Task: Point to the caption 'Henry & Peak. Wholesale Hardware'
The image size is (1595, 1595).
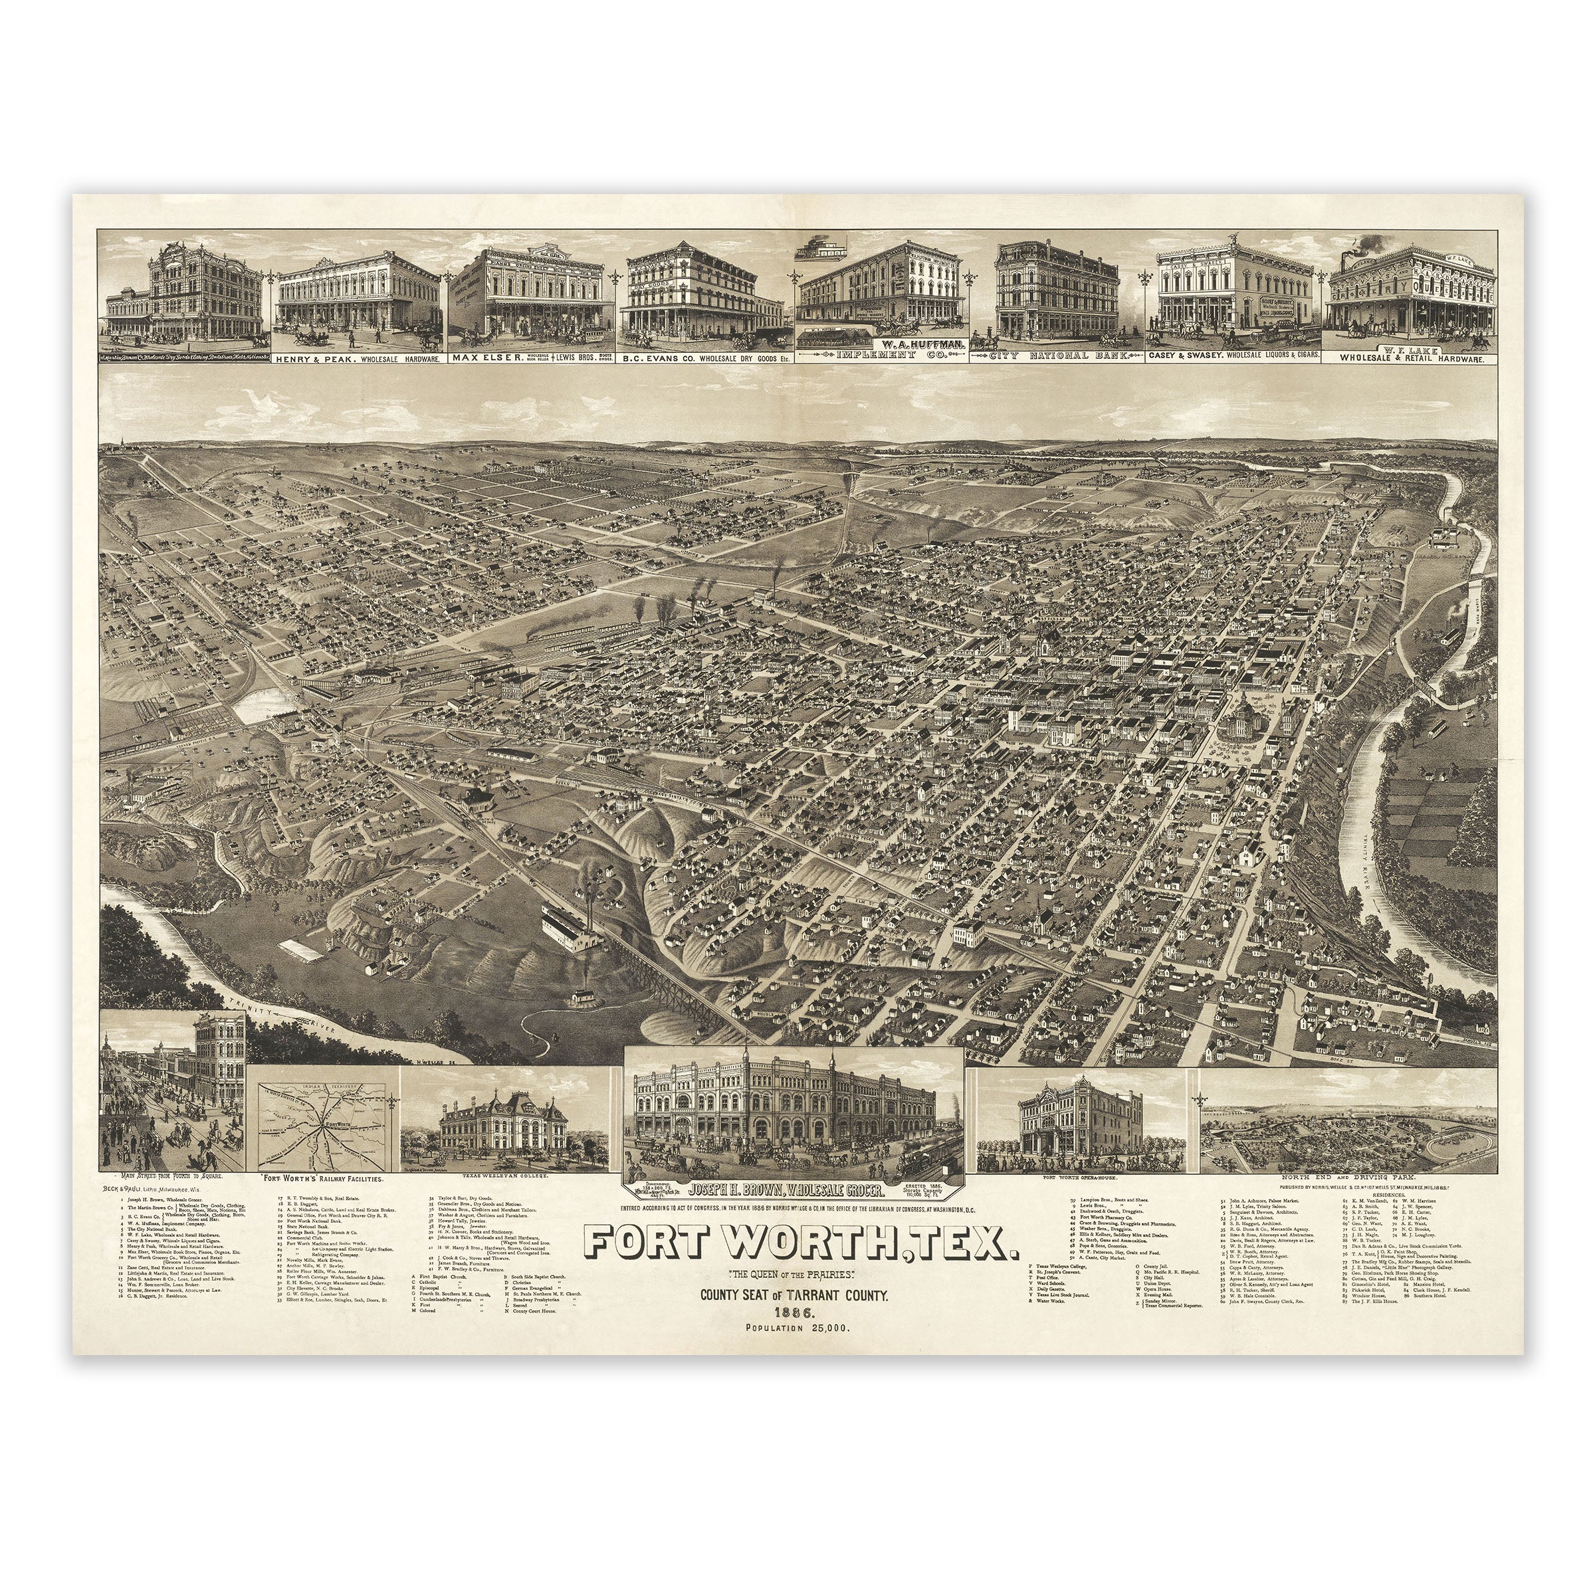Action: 358,359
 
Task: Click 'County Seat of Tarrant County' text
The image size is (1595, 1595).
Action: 794,1296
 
